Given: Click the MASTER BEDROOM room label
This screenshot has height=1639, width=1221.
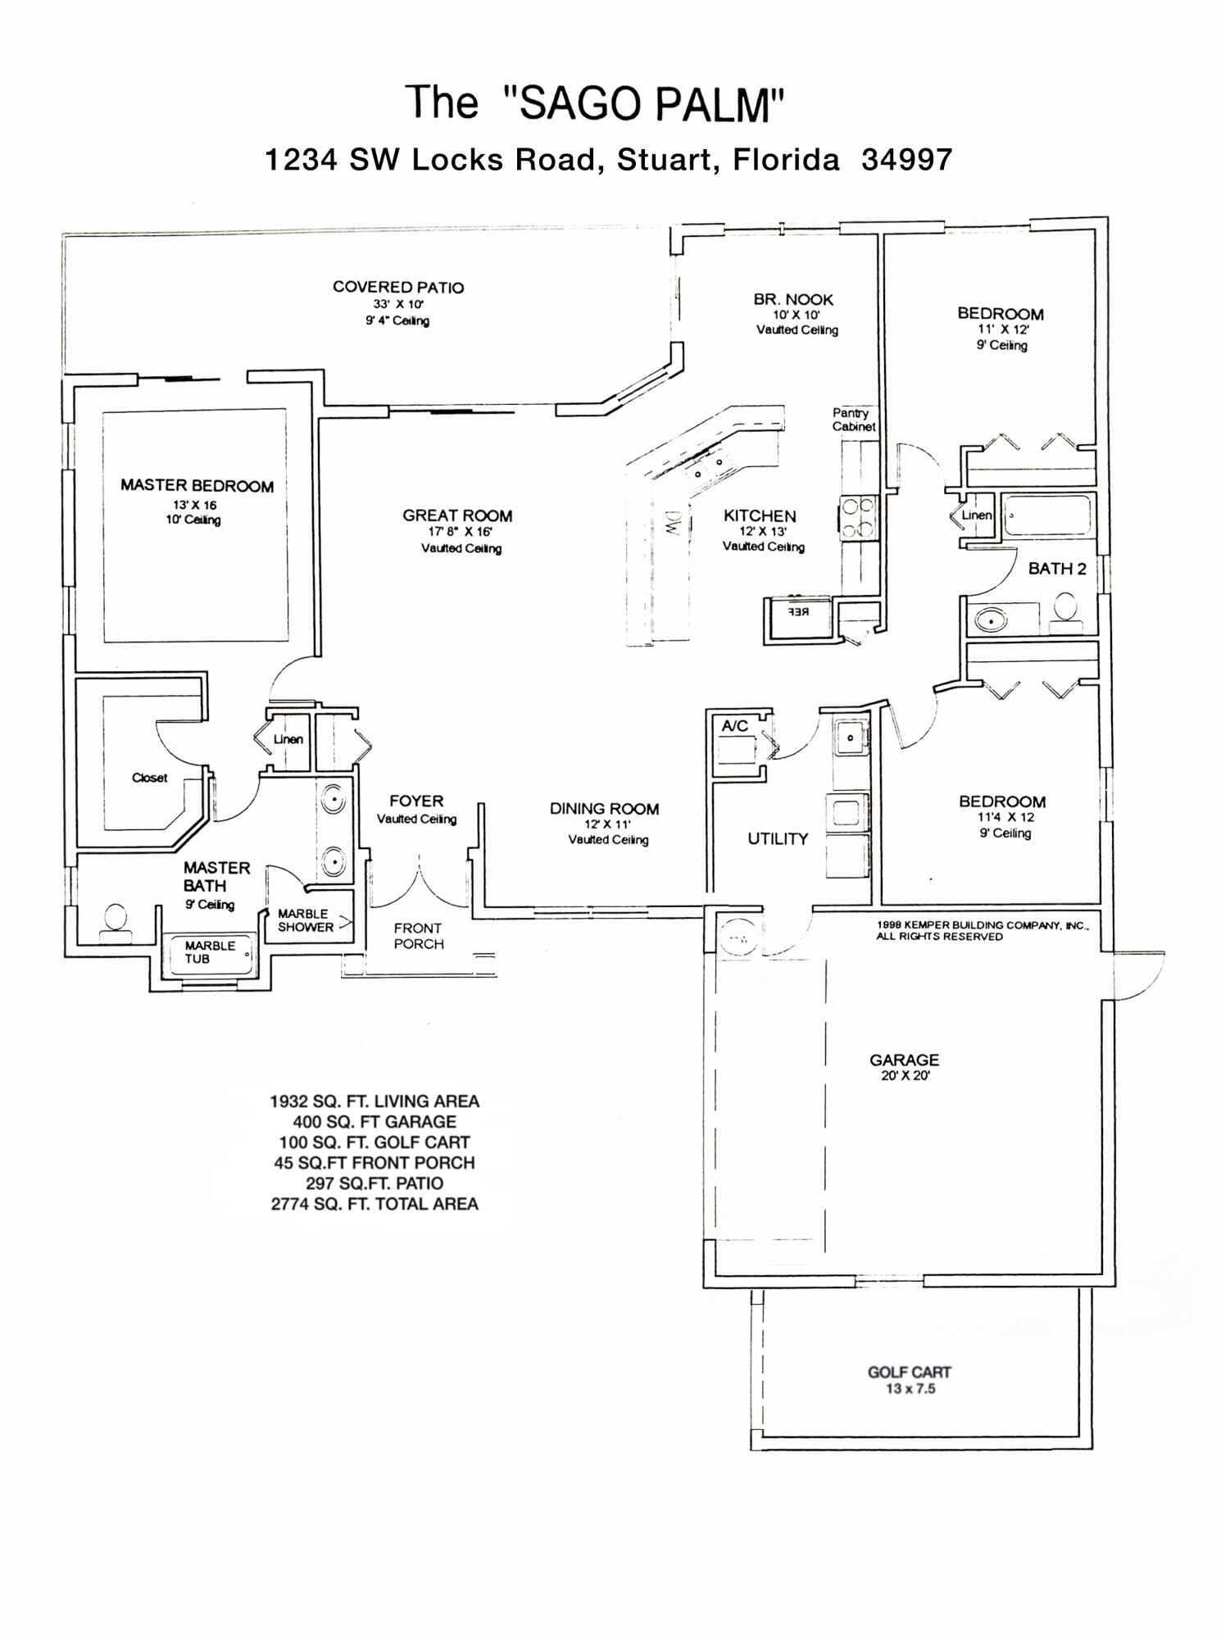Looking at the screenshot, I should (197, 485).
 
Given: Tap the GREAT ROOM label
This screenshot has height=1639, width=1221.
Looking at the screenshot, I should (457, 515).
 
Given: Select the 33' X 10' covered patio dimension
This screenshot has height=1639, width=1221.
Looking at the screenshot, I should (398, 304).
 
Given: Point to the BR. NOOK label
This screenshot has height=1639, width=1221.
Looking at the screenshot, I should (793, 299).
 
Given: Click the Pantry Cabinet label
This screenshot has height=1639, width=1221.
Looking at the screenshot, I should (853, 420).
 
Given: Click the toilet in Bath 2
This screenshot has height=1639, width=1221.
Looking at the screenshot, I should (1064, 611).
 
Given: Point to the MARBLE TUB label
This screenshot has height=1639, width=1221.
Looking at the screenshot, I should (210, 951).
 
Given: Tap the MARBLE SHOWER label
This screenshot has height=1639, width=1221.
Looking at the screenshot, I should (305, 920).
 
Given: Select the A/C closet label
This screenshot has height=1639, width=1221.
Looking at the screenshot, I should (735, 726).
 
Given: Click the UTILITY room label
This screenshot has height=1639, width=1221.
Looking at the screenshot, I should (778, 838).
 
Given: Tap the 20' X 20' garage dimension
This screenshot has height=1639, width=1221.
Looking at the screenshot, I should (905, 1076).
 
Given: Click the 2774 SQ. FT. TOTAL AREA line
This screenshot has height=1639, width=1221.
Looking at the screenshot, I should (374, 1204).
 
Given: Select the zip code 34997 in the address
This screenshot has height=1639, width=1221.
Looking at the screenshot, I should (907, 159).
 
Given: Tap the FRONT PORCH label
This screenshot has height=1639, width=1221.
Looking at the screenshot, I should (418, 936).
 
